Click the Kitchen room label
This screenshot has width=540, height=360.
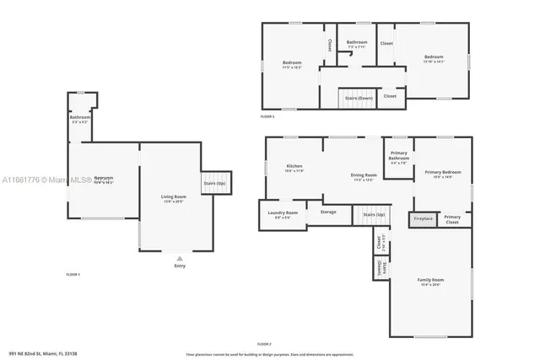click(x=294, y=167)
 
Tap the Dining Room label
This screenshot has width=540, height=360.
click(x=364, y=176)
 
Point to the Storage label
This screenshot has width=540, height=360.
click(x=327, y=212)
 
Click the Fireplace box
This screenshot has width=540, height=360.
click(x=423, y=219)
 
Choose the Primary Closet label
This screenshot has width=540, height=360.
click(x=452, y=219)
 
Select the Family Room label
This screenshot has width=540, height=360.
click(x=430, y=281)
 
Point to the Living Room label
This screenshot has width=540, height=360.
click(x=174, y=198)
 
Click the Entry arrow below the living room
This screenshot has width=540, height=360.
click(x=179, y=259)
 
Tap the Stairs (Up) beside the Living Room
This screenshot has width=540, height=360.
click(x=215, y=183)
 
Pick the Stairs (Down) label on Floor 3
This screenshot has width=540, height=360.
click(x=359, y=98)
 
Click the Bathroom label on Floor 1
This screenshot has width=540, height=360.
click(x=80, y=119)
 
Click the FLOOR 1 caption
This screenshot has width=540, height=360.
click(x=73, y=275)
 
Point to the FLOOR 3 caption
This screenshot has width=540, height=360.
click(x=267, y=116)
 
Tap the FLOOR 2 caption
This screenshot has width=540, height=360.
click(x=264, y=344)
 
